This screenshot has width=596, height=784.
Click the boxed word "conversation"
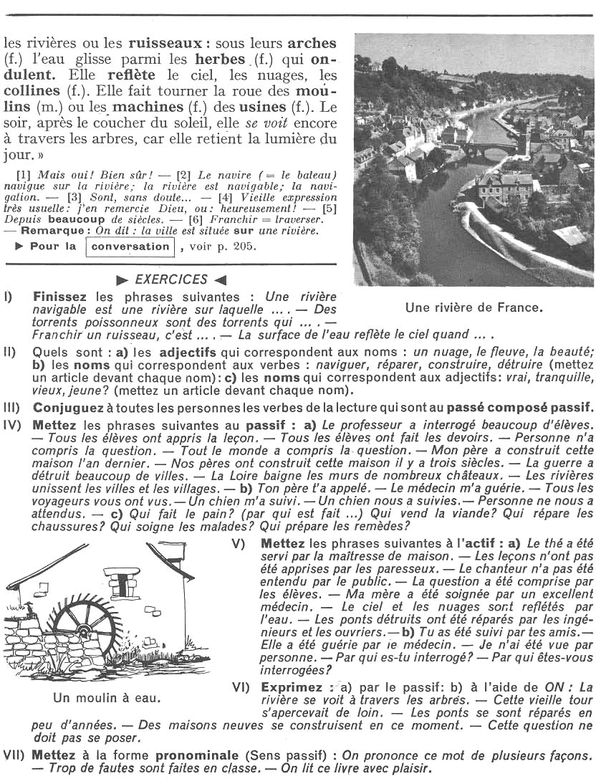[x=130, y=247]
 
